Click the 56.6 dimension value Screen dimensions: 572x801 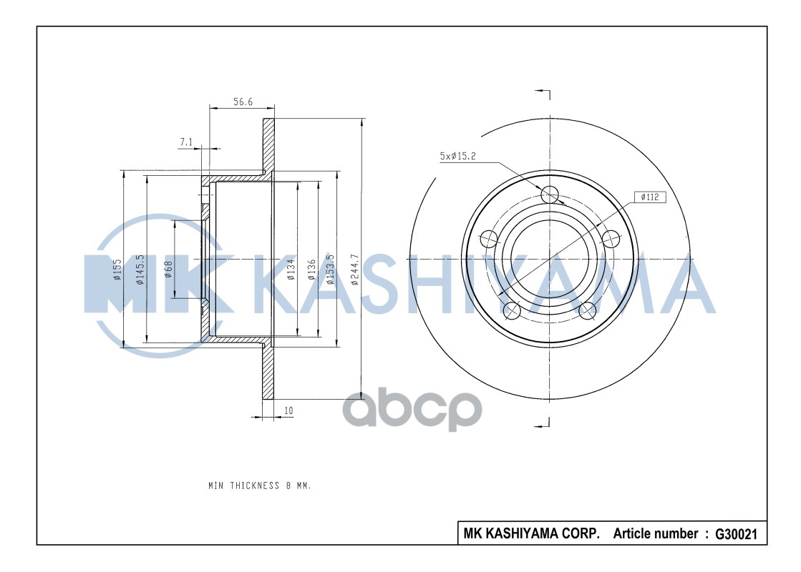pyautogui.click(x=243, y=102)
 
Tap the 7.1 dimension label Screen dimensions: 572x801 pyautogui.click(x=185, y=142)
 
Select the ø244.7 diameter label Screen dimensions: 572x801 pyautogui.click(x=354, y=270)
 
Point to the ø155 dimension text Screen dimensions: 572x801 pyautogui.click(x=116, y=270)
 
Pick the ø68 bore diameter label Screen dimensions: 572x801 pyautogui.click(x=168, y=270)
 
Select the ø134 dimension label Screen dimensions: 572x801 pyautogui.click(x=291, y=270)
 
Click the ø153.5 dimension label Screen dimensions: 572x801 pyautogui.click(x=330, y=270)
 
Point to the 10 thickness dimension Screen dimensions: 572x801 pyautogui.click(x=288, y=410)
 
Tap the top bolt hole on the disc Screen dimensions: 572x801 pyautogui.click(x=549, y=194)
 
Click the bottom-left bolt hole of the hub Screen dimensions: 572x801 pyautogui.click(x=512, y=310)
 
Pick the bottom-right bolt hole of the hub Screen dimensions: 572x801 pyautogui.click(x=587, y=310)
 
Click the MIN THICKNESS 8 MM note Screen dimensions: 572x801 pyautogui.click(x=259, y=485)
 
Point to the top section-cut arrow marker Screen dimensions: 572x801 pyautogui.click(x=543, y=94)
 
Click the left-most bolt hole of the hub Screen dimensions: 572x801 pyautogui.click(x=489, y=238)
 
